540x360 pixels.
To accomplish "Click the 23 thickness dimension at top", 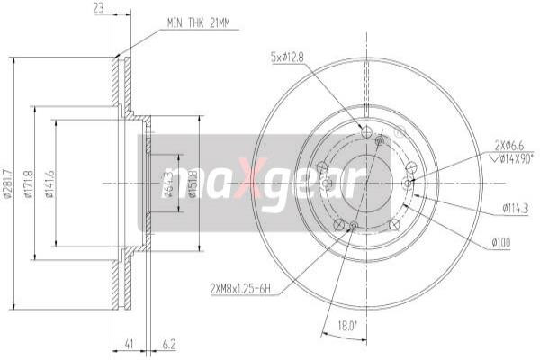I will [98, 9].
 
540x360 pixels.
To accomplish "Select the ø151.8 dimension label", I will [193, 184].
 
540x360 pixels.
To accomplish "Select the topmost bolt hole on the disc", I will [365, 132].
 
